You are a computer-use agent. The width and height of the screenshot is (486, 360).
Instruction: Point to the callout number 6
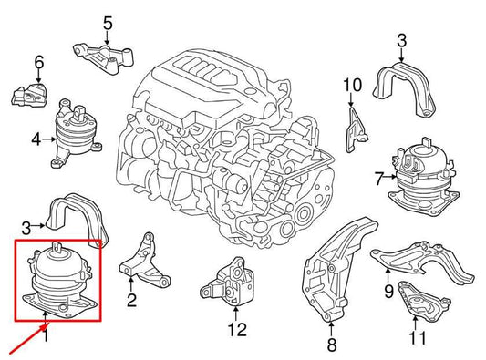(38, 62)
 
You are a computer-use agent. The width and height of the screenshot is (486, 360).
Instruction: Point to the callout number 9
(388, 292)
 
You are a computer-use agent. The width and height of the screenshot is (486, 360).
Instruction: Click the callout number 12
(237, 330)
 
